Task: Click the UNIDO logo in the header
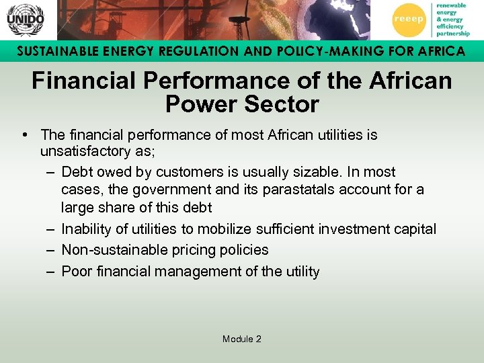pyautogui.click(x=25, y=20)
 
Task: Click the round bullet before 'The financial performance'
pyautogui.click(x=25, y=135)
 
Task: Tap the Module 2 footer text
pyautogui.click(x=242, y=339)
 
